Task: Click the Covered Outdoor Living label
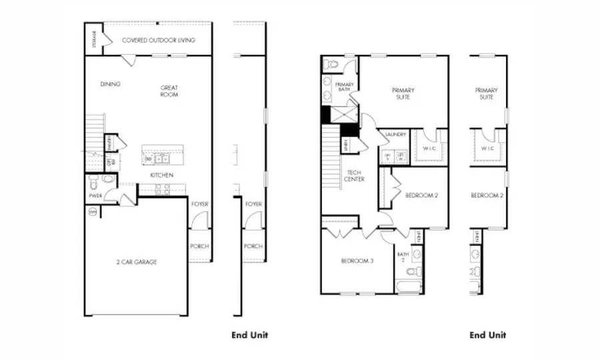click(x=159, y=41)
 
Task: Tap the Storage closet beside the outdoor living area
click(x=93, y=39)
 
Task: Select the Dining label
click(x=110, y=85)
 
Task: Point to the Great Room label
click(x=169, y=91)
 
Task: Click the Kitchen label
click(x=161, y=175)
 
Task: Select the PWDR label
click(x=95, y=196)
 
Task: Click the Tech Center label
click(x=353, y=175)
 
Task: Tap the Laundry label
click(x=396, y=135)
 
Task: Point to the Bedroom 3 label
click(x=357, y=261)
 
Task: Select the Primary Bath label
click(x=345, y=87)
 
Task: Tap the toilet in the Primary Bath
click(x=331, y=65)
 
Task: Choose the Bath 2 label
click(x=402, y=257)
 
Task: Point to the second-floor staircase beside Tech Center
click(x=331, y=157)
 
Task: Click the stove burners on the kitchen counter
click(x=163, y=189)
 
